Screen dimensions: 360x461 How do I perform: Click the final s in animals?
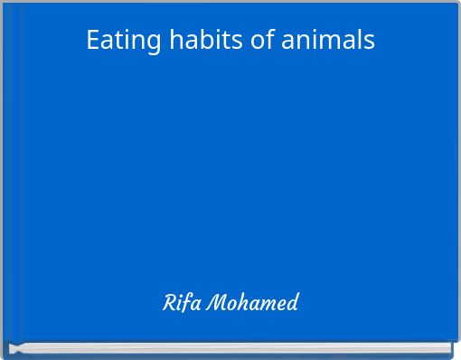368,42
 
